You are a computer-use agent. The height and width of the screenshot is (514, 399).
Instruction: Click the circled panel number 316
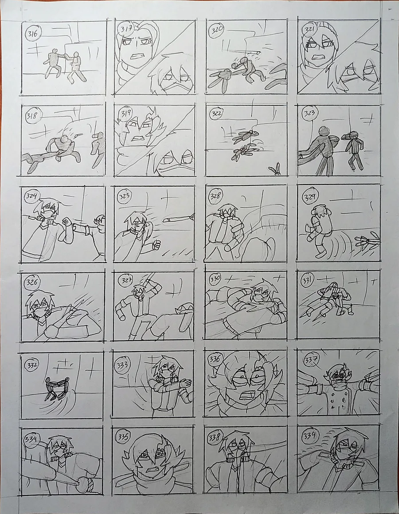pos(32,34)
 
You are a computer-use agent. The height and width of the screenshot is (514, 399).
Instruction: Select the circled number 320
pos(217,30)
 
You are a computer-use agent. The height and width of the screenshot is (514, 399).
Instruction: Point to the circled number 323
pos(309,114)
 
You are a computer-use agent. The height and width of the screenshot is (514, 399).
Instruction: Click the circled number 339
pos(309,436)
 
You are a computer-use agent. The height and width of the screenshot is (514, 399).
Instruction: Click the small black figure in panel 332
pos(57,389)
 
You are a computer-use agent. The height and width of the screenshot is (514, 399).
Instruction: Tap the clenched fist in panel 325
pos(156,244)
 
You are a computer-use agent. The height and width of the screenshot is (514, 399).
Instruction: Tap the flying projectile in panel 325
pos(179,219)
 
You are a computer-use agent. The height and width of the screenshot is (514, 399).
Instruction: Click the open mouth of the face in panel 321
pos(318,58)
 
